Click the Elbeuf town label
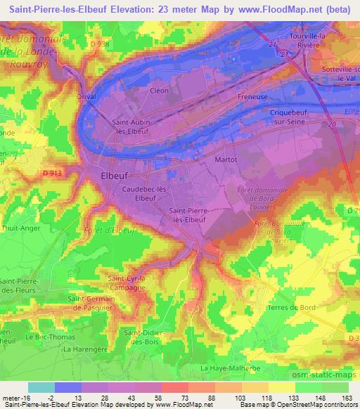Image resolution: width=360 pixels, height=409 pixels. pos(115,177)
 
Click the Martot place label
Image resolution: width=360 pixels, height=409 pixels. pos(224,160)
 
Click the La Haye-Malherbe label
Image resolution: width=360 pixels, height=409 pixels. pos(229,368)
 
